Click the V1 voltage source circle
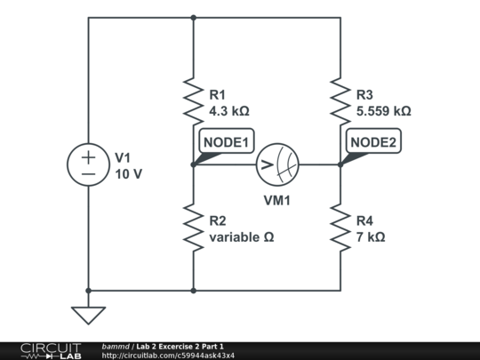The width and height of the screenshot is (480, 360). click(89, 165)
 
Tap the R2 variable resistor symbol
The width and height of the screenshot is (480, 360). click(193, 227)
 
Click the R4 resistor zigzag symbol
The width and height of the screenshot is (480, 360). click(340, 227)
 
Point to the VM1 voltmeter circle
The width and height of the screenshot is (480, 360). click(277, 164)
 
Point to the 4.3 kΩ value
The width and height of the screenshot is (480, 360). click(229, 112)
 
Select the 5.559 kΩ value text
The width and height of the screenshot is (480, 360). click(383, 112)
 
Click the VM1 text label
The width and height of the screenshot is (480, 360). click(277, 200)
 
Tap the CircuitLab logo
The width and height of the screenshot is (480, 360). click(50, 350)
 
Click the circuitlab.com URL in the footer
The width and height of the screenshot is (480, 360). click(169, 356)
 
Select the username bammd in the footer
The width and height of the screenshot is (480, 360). click(116, 346)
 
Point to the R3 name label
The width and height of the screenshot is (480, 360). click(365, 94)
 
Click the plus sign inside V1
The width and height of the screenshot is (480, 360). click(89, 156)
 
